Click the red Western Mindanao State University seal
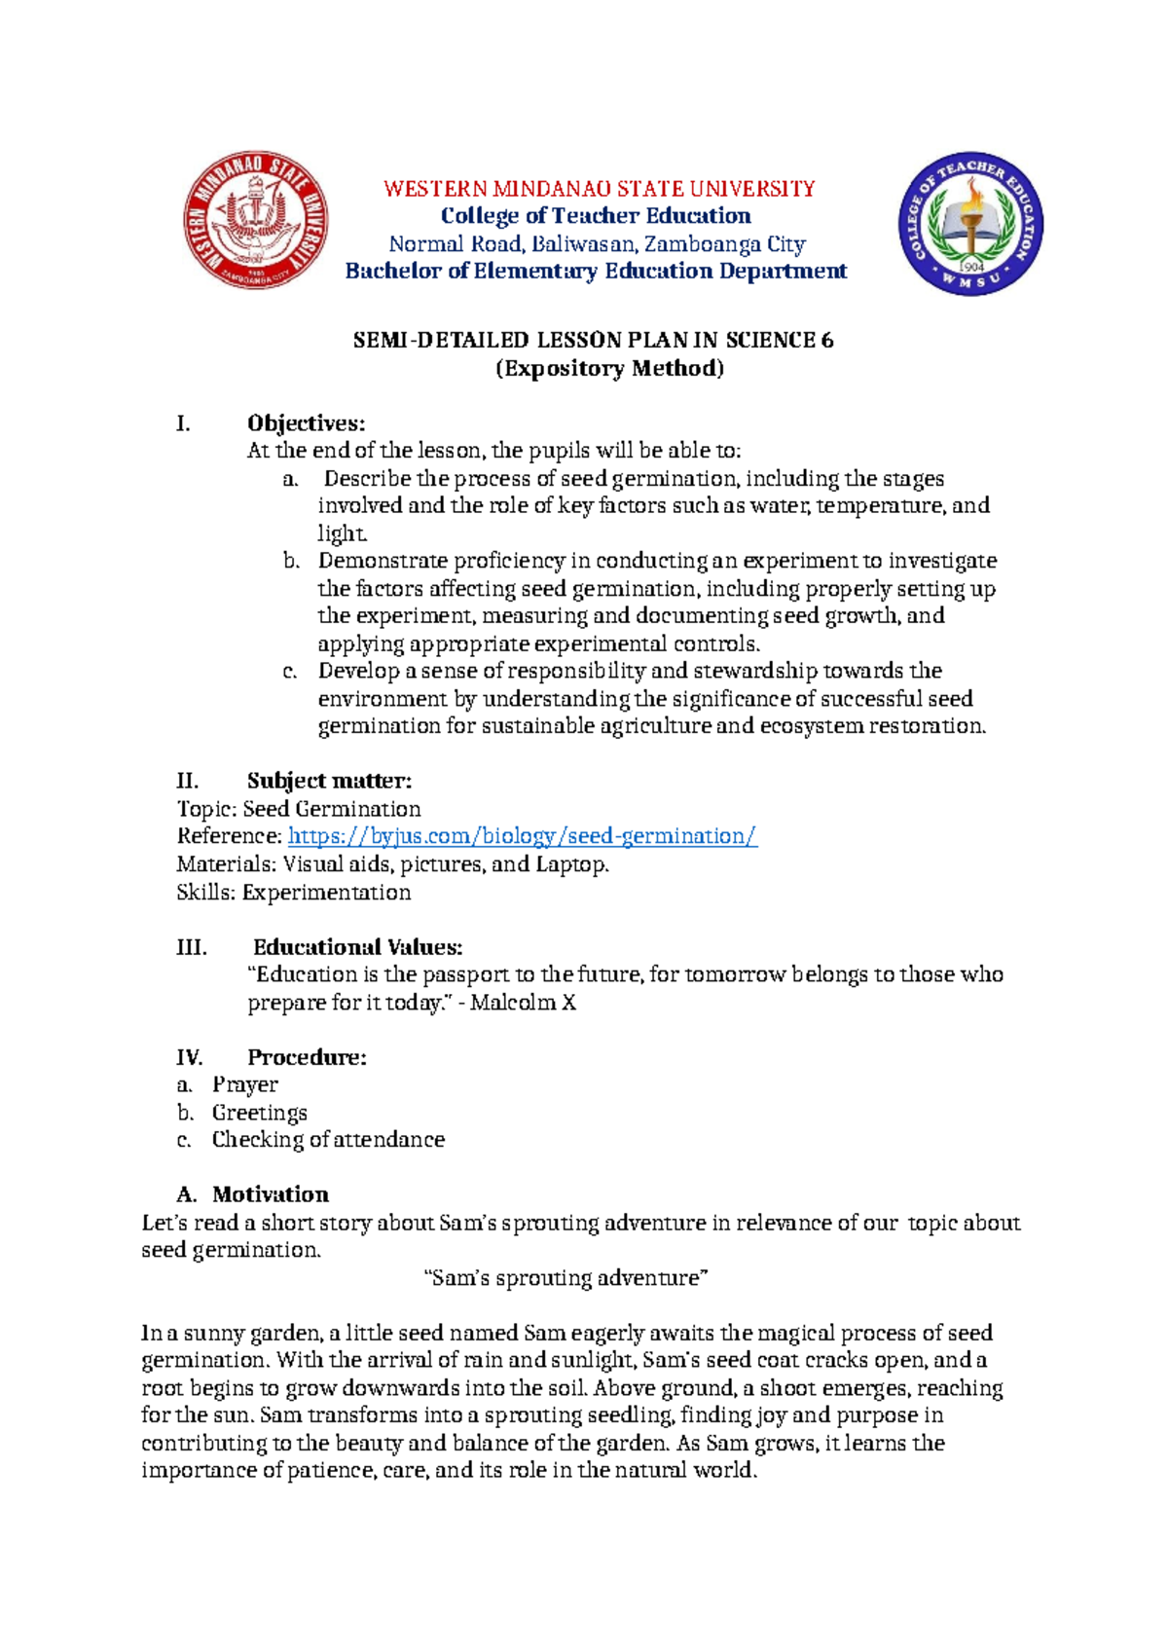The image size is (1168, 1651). (x=255, y=222)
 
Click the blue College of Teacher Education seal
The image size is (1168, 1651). (x=970, y=224)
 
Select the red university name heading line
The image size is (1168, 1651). (x=599, y=189)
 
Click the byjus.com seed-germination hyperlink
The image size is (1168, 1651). (x=523, y=836)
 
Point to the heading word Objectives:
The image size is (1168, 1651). (x=306, y=423)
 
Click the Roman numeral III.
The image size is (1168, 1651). (x=191, y=947)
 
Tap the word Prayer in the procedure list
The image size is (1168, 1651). (x=245, y=1084)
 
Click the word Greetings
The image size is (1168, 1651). (x=260, y=1113)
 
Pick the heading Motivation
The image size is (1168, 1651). (x=271, y=1194)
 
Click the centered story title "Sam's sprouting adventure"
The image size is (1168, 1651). (x=567, y=1278)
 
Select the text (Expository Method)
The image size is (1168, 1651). (x=610, y=369)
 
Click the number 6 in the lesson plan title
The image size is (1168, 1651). (x=827, y=341)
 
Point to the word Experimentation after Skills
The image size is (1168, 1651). (x=326, y=893)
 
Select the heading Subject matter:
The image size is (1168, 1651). (x=329, y=781)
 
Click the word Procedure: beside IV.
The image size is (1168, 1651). (x=307, y=1057)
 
